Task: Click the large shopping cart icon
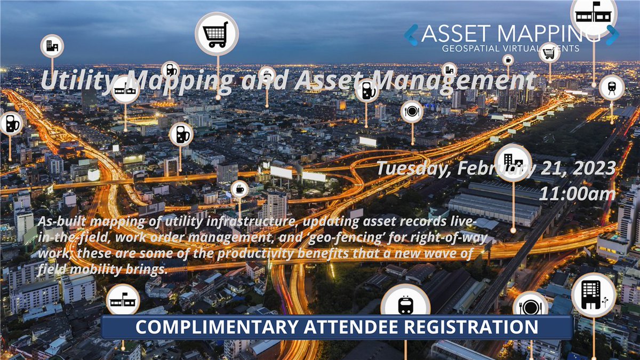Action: point(216,34)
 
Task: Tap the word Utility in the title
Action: point(74,81)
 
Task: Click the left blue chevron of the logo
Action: point(410,35)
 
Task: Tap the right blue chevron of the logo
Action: point(612,35)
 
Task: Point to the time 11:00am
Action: point(577,194)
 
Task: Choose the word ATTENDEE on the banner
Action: point(355,327)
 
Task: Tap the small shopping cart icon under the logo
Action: point(549,52)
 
